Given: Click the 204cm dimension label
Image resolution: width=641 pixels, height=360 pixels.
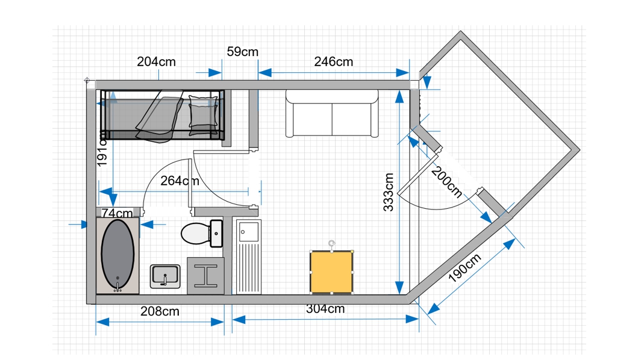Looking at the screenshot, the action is click(x=156, y=61).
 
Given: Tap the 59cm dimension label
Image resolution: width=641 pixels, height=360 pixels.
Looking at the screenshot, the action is click(x=242, y=52).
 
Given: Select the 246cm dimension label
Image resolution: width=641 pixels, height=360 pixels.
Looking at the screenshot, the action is click(x=334, y=61).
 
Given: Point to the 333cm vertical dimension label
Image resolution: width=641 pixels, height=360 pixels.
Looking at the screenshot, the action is click(x=389, y=192).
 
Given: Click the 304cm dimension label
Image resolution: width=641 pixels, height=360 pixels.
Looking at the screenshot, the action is click(x=325, y=308).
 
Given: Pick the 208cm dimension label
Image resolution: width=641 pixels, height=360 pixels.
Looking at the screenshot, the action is click(x=160, y=311).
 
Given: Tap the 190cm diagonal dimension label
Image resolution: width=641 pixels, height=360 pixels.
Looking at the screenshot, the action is click(x=465, y=268).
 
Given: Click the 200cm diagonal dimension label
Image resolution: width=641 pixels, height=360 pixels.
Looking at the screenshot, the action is click(x=447, y=182).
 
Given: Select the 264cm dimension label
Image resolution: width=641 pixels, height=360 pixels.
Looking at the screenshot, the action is click(x=180, y=181).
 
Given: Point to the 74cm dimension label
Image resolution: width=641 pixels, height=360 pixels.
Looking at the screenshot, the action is click(x=117, y=213).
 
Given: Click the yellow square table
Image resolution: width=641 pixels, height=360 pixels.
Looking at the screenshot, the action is click(x=331, y=272).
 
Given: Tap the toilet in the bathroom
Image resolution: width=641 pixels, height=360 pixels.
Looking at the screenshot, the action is click(x=202, y=234).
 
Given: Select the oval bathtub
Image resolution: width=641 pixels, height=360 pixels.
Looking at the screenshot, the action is click(x=117, y=256).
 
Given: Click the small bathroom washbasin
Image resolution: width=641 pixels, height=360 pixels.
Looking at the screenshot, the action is click(x=165, y=276).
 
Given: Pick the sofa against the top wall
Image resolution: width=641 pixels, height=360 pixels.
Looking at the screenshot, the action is click(x=332, y=113).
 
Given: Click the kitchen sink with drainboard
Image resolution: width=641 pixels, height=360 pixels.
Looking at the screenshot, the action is click(x=249, y=256).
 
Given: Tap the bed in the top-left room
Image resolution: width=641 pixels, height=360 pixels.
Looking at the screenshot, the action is click(x=162, y=116).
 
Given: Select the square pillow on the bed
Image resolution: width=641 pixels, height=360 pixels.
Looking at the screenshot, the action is click(x=203, y=111).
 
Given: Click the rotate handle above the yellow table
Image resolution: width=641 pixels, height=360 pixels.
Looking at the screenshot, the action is click(x=331, y=244).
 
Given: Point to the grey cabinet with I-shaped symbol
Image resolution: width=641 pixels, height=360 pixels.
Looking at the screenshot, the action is click(x=205, y=276).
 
